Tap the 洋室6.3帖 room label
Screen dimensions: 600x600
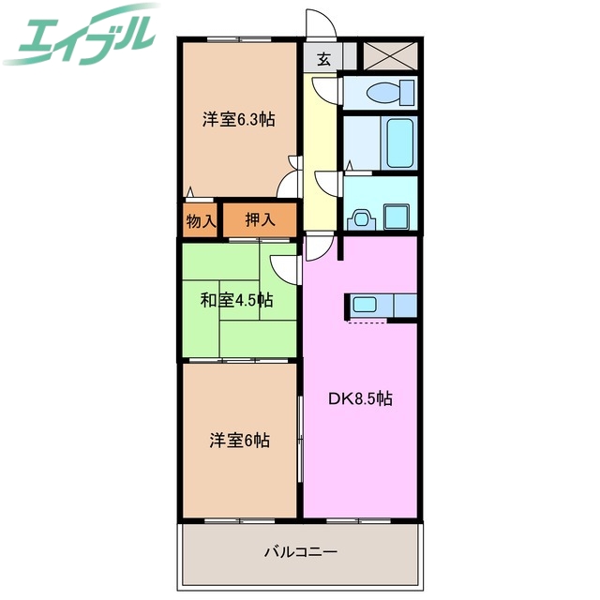240,119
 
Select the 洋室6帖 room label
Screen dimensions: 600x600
239,440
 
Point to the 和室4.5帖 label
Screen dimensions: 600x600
236,301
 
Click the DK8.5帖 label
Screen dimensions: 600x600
360,397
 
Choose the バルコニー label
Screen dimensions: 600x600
300,551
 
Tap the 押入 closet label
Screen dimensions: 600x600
260,220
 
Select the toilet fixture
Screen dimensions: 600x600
391,92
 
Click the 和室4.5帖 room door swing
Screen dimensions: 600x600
283,267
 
